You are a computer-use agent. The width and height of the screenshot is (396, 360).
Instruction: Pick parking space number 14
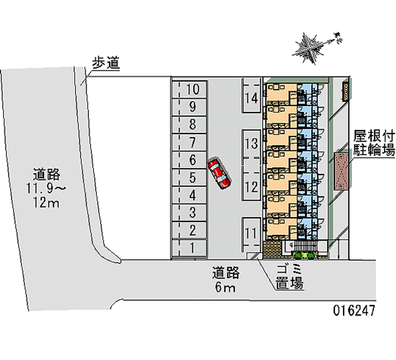pos(251,97)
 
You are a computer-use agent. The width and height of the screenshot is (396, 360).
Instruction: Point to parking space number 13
pos(251,144)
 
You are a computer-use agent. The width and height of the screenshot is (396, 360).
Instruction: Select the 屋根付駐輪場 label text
pos(374,143)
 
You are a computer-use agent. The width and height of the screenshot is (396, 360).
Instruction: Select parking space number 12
pos(251,187)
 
